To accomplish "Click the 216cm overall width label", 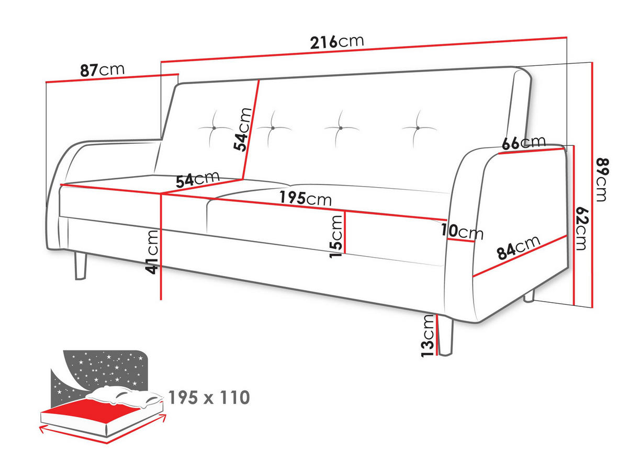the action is click(x=337, y=42).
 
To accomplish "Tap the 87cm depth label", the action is click(x=102, y=70).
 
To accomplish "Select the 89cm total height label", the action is click(x=602, y=179).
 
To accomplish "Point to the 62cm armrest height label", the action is click(x=581, y=228).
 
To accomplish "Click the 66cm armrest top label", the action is click(x=523, y=142).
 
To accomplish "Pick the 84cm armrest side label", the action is click(x=519, y=247).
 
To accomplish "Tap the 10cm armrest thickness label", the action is click(x=462, y=231).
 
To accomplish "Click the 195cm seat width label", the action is click(x=305, y=198).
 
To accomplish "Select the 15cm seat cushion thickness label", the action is click(x=335, y=237).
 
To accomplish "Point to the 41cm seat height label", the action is click(x=152, y=252).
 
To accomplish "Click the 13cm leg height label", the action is click(x=428, y=336).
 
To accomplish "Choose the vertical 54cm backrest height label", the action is click(x=242, y=129).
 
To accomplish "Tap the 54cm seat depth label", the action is click(x=197, y=179).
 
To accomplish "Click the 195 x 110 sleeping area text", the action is click(x=209, y=397).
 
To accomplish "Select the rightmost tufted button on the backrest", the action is click(x=418, y=128).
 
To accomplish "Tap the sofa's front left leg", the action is click(x=81, y=266).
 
